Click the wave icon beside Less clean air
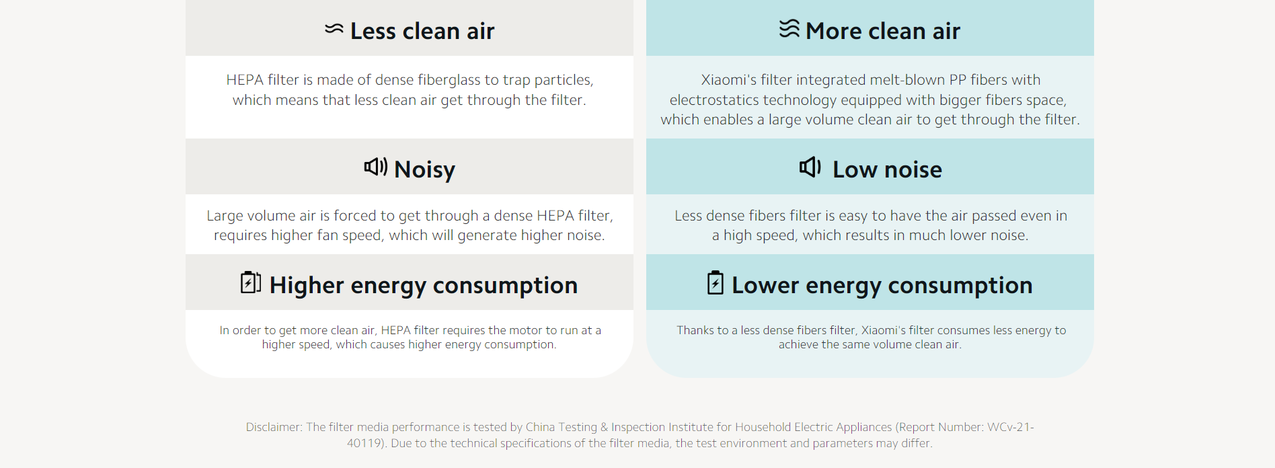334,29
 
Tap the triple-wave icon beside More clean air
789,29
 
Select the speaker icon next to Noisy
376,166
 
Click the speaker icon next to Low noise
810,167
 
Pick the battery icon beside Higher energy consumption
251,282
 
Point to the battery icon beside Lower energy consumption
716,282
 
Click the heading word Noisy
424,170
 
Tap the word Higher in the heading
307,286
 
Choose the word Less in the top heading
373,31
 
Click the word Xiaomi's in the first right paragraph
728,80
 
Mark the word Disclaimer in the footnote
273,427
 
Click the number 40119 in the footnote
363,443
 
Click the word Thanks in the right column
695,330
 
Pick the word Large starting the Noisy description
225,216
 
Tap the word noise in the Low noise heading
913,170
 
